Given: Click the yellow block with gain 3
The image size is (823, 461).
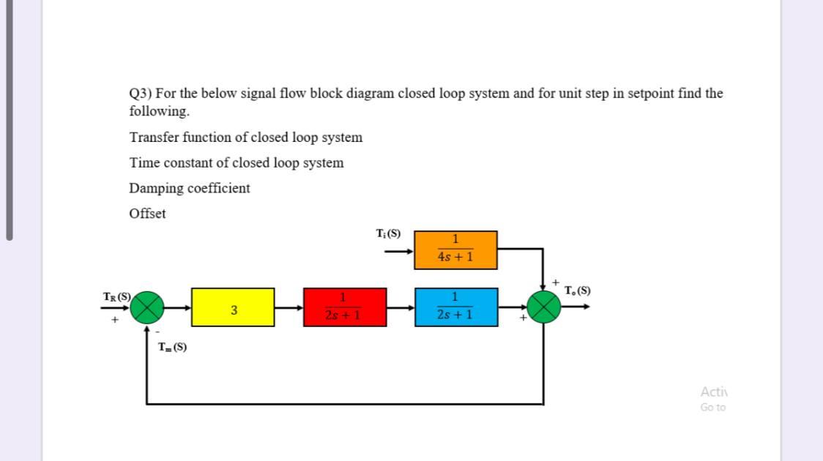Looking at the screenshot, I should [x=233, y=307].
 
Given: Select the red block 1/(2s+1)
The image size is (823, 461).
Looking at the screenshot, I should [x=345, y=307].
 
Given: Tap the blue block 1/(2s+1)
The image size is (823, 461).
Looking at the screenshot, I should [x=455, y=307].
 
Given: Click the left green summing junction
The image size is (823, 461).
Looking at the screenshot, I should [x=148, y=307].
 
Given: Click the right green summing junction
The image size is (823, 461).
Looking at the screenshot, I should [x=543, y=307].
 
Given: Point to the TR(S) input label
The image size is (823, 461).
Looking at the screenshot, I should [x=116, y=296].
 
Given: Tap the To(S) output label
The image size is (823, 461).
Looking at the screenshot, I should [x=578, y=291].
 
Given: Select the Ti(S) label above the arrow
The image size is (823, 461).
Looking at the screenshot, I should [x=388, y=234].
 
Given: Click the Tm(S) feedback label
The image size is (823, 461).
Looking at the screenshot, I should [x=172, y=348].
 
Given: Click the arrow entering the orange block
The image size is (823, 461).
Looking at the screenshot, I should [x=400, y=251].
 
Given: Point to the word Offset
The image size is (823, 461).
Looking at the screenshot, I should [x=147, y=214].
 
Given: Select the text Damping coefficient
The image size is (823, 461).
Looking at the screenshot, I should [x=190, y=188].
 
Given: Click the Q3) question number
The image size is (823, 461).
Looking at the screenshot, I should [x=141, y=94].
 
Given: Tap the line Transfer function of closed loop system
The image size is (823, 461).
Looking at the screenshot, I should [x=245, y=138].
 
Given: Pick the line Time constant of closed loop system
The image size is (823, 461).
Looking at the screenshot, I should [x=236, y=162].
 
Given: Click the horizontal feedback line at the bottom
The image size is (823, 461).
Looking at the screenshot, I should [x=344, y=403].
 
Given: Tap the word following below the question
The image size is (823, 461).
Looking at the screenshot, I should [x=158, y=111].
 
